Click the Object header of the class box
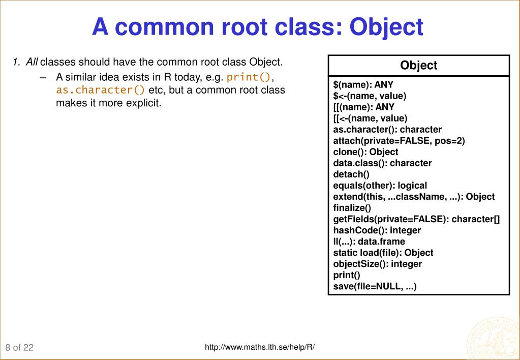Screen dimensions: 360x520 click(x=418, y=65)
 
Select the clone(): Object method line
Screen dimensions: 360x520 click(x=362, y=152)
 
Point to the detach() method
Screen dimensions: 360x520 click(x=348, y=174)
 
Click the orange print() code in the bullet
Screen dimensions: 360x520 click(x=250, y=77)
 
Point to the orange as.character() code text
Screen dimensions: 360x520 click(x=101, y=90)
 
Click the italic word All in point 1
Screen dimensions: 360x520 click(x=32, y=63)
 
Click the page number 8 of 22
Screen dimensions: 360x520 click(x=20, y=347)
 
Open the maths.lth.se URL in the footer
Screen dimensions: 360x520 click(x=260, y=347)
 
